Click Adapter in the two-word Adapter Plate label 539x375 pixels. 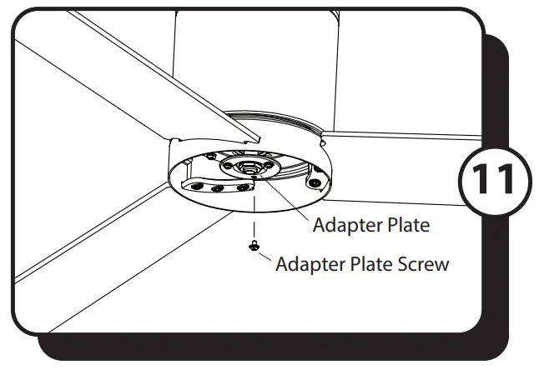pos(345,224)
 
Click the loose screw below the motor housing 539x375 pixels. pos(251,245)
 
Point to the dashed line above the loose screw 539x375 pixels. pos(251,217)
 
